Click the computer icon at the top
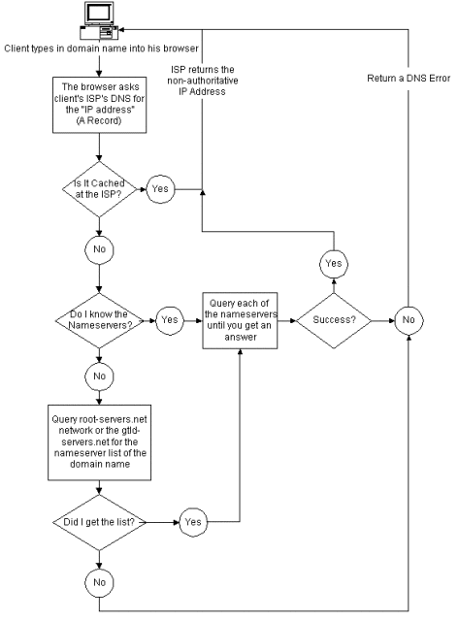(x=99, y=20)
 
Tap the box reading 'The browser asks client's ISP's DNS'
(x=99, y=105)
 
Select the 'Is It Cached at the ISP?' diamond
(x=99, y=189)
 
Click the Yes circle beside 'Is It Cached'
(x=160, y=189)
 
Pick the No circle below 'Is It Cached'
(x=99, y=249)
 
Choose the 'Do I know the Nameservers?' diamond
(x=99, y=320)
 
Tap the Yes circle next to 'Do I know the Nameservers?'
(x=170, y=320)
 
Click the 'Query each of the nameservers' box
(x=240, y=320)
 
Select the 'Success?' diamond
(x=334, y=320)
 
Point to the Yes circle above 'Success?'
(x=334, y=264)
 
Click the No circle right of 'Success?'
(x=409, y=320)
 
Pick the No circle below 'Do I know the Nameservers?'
(x=99, y=376)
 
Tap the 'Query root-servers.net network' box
(x=99, y=442)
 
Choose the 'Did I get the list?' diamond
(x=99, y=522)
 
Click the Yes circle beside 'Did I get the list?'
(x=193, y=522)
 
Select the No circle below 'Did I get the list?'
(x=99, y=582)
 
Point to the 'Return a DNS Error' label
(x=409, y=79)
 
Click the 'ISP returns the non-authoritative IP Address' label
(x=203, y=81)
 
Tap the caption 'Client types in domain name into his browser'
(x=101, y=49)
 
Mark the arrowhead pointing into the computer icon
(x=121, y=30)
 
